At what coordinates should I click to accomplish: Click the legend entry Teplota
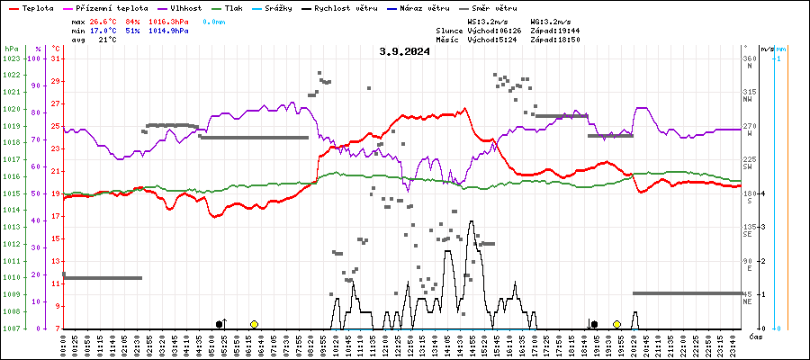click(x=36, y=7)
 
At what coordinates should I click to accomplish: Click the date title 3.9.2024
click(x=404, y=51)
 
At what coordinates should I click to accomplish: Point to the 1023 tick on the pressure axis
click(x=11, y=58)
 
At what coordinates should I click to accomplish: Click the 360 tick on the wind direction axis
click(x=749, y=58)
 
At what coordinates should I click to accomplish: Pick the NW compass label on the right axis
click(x=749, y=100)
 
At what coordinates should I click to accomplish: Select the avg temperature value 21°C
click(x=107, y=40)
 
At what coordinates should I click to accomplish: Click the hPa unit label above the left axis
click(x=11, y=48)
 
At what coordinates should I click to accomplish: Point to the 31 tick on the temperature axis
click(x=56, y=58)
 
